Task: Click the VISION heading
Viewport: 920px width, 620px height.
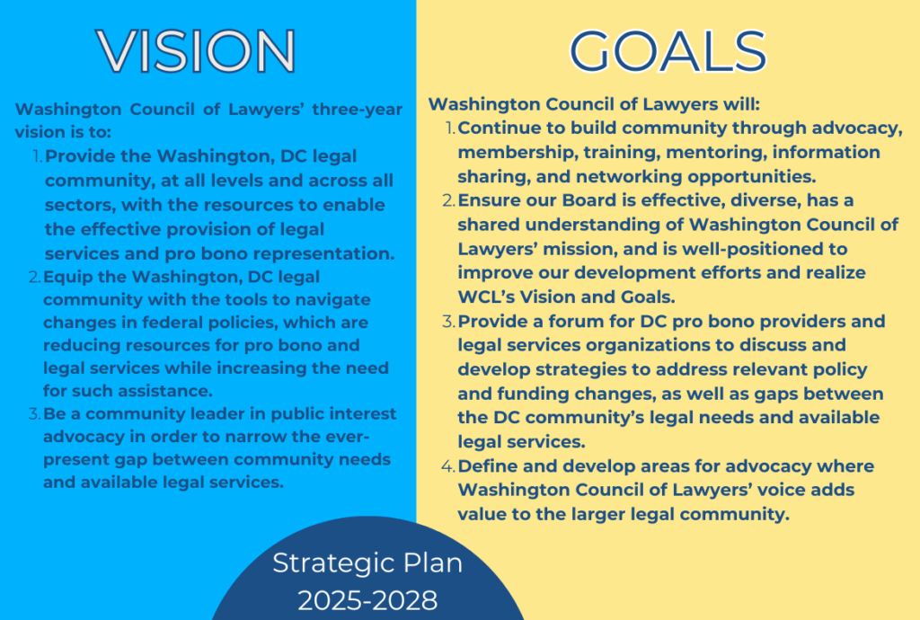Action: [x=196, y=50]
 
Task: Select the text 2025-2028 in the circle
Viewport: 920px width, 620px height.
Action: [x=367, y=599]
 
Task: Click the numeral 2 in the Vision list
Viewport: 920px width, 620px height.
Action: [x=36, y=277]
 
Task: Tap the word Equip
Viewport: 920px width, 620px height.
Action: [x=68, y=277]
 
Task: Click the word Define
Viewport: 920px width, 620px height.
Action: [x=489, y=466]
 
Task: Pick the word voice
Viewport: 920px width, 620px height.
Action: [x=774, y=491]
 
